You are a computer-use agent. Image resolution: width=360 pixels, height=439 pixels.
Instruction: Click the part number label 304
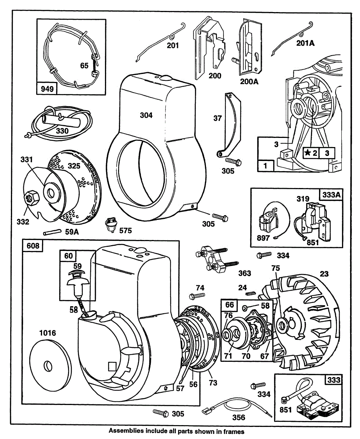[146, 115]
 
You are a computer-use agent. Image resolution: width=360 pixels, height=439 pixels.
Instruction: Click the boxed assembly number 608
[33, 246]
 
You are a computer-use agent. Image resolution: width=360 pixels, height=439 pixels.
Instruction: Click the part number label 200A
[249, 81]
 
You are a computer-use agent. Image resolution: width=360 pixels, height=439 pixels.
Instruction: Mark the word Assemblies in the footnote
[123, 431]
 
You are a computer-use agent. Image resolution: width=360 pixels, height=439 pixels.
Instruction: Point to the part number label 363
[244, 273]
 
